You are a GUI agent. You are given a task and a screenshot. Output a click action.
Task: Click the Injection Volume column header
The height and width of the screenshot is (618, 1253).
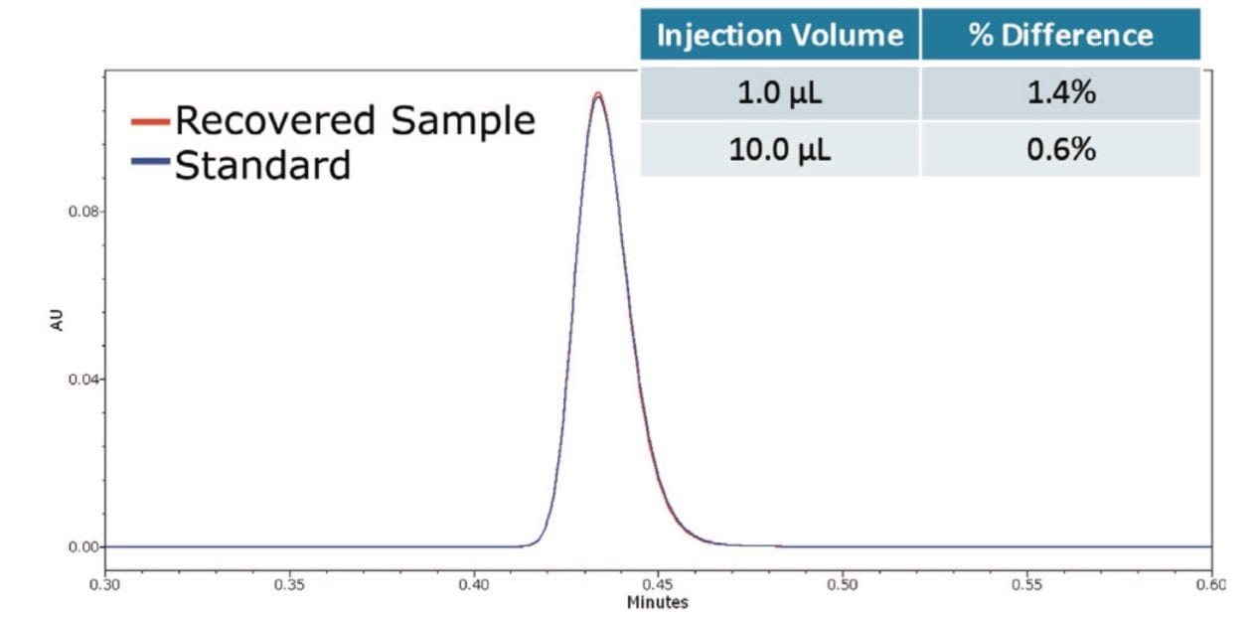coord(779,36)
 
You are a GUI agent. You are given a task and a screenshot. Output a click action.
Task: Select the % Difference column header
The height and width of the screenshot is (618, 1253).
coord(1060,36)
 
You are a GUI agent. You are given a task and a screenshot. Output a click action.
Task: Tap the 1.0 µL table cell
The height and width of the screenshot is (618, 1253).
coord(779,94)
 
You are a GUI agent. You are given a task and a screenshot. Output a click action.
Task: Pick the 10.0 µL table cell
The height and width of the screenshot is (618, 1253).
coord(779,150)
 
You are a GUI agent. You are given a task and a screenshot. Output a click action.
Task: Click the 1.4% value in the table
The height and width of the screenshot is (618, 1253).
coord(1060,94)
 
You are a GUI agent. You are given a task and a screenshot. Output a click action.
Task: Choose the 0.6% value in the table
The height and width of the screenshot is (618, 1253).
coord(1060,150)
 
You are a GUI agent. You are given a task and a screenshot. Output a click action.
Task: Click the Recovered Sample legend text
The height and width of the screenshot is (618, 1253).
coord(355,120)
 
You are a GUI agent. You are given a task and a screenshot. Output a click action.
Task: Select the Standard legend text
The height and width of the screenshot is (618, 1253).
coord(262,164)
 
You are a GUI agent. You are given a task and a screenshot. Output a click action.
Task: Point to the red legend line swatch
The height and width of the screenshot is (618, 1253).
coord(151,121)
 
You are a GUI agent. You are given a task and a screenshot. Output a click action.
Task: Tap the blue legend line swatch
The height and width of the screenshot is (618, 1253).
coord(151,164)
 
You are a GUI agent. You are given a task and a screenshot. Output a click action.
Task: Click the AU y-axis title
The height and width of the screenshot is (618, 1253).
coord(57,320)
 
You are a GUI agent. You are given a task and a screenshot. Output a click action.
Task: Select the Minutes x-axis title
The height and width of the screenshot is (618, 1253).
coord(657,603)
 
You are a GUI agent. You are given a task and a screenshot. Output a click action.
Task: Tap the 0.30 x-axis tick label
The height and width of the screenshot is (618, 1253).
coord(105,586)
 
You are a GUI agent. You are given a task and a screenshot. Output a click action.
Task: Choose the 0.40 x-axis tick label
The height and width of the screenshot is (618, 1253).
coord(474,586)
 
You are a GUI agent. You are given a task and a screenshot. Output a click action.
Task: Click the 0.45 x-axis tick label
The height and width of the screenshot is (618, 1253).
coord(658,586)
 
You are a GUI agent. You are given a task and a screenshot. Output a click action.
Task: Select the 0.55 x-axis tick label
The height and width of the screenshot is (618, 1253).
coord(1026,586)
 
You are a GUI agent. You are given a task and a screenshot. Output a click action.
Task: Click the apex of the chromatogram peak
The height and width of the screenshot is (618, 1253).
coord(598,95)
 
